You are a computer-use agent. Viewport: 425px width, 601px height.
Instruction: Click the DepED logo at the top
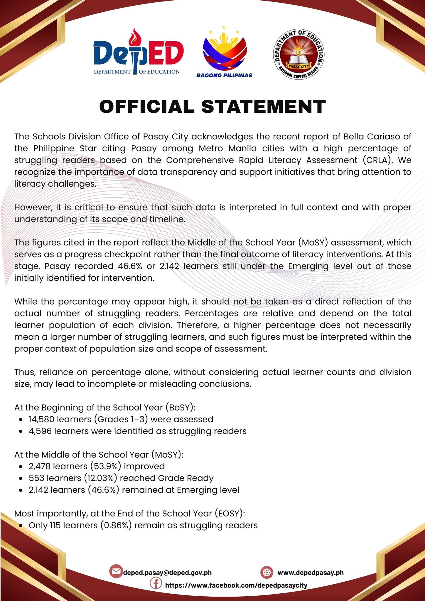tap(138, 53)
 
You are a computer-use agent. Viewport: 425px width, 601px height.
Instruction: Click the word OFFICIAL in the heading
tap(147, 106)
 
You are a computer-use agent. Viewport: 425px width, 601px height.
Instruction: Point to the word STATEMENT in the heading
tap(264, 106)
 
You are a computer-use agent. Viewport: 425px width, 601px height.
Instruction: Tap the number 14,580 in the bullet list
tap(41, 419)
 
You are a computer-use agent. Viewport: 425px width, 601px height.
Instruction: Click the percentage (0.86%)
tap(117, 525)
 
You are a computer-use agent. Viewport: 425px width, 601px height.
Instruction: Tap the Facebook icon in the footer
tap(156, 583)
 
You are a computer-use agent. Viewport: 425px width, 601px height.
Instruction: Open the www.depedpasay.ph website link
tap(310, 573)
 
